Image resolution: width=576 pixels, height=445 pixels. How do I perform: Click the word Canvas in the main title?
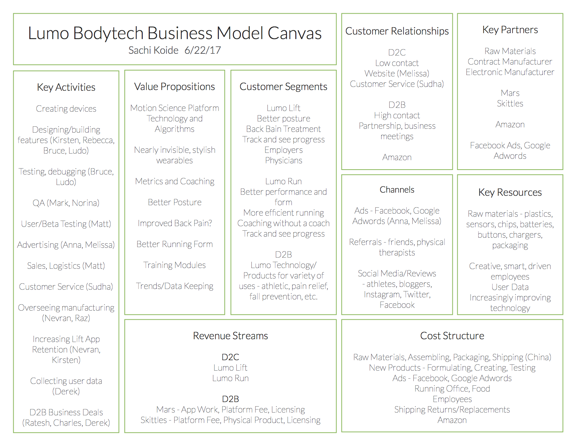coord(294,34)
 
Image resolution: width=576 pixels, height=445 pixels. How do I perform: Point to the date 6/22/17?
coord(202,50)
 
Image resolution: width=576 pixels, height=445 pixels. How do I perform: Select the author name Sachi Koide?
coord(153,50)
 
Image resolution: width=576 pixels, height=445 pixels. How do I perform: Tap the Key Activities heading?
coord(66,87)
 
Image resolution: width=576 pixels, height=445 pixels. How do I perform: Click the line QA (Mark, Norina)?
coord(66,203)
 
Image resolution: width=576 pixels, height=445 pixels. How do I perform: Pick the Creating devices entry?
coord(66,109)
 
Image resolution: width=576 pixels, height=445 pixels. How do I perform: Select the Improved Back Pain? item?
coord(175,223)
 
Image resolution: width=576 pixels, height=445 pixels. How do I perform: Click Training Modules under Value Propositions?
coord(175,265)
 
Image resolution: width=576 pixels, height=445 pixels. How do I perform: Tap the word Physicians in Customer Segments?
coord(283,160)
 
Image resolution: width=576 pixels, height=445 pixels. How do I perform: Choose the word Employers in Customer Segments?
coord(283,150)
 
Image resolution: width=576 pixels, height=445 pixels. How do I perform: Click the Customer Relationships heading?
coord(397,31)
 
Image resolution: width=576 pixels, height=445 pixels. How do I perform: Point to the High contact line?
coord(397,115)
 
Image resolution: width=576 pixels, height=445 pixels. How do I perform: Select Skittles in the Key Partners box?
coord(510,103)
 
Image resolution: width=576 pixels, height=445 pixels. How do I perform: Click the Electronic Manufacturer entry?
coord(510,72)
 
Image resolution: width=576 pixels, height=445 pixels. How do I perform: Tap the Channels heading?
coord(397,190)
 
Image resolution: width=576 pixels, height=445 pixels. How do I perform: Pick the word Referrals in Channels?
coord(365,242)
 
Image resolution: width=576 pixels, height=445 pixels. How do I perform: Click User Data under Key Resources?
coord(510,287)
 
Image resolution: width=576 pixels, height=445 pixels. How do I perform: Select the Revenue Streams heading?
coord(230,336)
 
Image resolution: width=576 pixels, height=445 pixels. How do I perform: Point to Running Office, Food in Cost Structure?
coord(452,388)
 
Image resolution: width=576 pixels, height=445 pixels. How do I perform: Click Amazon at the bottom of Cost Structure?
coord(452,420)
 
